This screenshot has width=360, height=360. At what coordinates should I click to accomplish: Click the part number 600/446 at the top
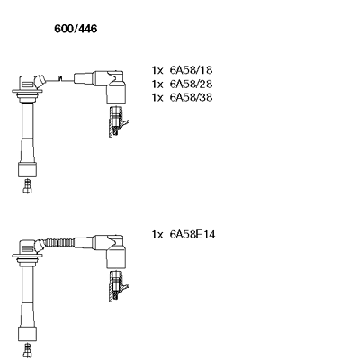[x=76, y=29]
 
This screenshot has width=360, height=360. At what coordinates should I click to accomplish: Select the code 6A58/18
[x=191, y=70]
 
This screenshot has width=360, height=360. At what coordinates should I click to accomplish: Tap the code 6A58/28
[x=191, y=84]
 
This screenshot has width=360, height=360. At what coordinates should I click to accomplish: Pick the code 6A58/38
[x=191, y=97]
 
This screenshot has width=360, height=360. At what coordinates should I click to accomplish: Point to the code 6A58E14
[x=193, y=234]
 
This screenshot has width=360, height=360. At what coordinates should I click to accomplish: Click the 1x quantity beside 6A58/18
[x=157, y=70]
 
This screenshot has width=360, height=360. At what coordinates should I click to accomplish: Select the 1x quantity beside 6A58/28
[x=157, y=85]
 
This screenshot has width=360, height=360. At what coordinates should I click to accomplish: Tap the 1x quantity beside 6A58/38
[x=157, y=98]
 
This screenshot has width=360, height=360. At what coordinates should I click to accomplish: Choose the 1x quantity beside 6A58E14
[x=157, y=235]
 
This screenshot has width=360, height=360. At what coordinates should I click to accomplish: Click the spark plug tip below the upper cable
[x=27, y=186]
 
